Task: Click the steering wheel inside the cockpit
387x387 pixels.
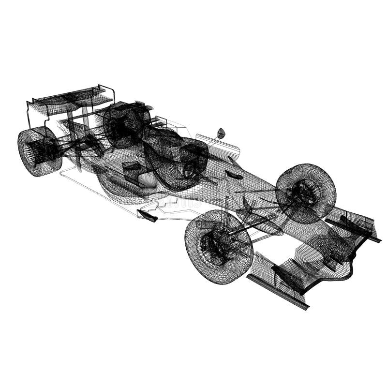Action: point(189,170)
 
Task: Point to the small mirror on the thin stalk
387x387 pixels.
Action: point(221,132)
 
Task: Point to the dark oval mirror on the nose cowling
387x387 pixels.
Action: point(234,175)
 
